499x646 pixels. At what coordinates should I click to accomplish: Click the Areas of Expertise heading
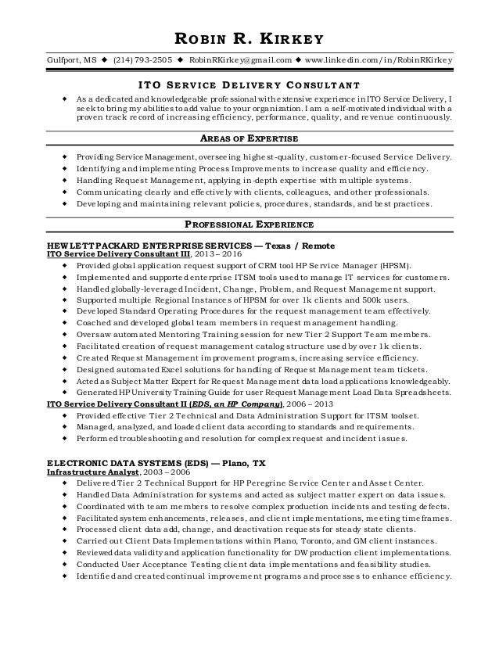tap(249, 138)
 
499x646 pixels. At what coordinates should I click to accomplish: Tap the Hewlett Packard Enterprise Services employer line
tap(180, 244)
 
